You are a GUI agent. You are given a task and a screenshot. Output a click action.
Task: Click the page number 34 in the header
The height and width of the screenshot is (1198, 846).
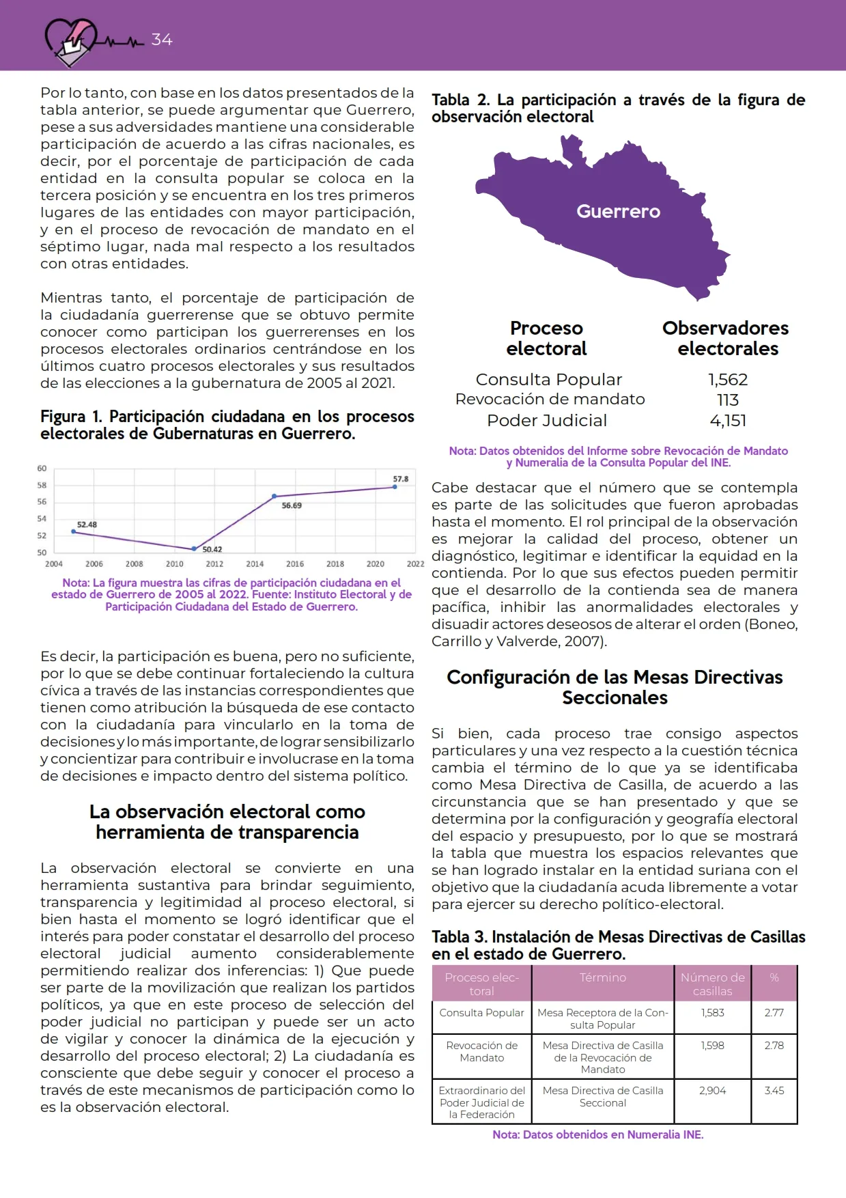coord(162,40)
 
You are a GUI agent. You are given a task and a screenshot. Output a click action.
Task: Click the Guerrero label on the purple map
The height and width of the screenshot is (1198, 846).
coord(618,212)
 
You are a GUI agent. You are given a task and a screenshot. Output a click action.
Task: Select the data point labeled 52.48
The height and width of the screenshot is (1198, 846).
coord(74,531)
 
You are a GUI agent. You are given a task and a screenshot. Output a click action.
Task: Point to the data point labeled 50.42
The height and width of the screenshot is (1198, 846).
coord(195,548)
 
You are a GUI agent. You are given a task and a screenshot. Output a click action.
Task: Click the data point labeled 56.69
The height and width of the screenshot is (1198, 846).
coord(274,496)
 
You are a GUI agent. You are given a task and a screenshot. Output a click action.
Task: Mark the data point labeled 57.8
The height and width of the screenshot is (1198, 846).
coord(395,486)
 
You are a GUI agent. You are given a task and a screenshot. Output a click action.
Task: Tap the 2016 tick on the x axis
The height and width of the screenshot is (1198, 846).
coord(295,564)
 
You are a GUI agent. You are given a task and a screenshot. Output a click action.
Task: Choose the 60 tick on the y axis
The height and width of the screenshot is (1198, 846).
coord(42,469)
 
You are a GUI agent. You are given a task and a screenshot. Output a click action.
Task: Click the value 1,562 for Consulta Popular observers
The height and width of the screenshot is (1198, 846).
coord(728,380)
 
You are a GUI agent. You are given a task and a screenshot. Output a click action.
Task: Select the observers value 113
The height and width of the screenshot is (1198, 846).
coord(728,400)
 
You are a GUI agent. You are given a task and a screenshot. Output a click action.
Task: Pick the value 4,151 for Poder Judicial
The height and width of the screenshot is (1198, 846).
coord(728,421)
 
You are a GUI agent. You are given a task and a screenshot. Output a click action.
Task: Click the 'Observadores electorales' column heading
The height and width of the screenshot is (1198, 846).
coord(727,339)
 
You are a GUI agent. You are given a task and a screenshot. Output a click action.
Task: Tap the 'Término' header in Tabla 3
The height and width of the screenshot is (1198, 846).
coord(603,978)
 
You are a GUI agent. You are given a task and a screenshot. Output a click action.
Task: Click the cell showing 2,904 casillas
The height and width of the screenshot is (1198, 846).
coord(712,1091)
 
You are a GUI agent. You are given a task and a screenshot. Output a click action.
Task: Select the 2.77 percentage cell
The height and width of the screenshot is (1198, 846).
coord(774,1013)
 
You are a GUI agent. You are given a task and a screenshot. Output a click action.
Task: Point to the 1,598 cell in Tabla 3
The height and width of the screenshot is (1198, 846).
coord(712,1046)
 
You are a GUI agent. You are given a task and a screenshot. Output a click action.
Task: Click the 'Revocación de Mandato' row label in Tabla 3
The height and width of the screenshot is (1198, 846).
coord(482,1052)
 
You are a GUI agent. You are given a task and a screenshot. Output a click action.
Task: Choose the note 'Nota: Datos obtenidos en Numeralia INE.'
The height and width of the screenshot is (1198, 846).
coord(598,1134)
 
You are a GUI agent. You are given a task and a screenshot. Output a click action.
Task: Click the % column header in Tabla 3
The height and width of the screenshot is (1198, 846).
coord(774,978)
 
